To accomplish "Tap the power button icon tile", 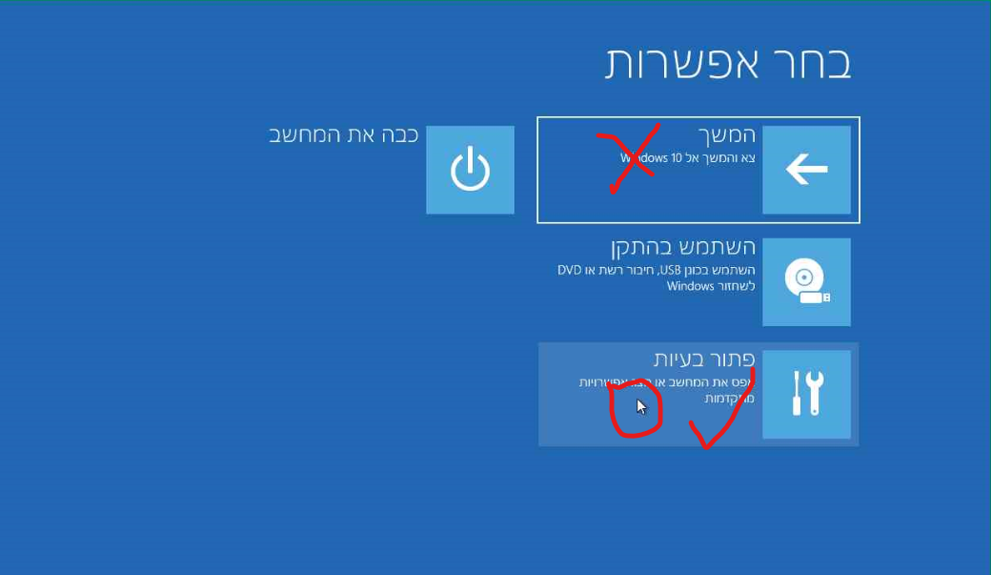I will (470, 170).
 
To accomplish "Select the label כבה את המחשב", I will (345, 134).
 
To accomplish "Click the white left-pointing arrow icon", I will (806, 170).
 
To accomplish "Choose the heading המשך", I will (727, 136).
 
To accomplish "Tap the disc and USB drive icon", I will (806, 282).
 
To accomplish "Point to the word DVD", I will (569, 270).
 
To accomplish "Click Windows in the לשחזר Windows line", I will (690, 286).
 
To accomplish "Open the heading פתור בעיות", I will (704, 359).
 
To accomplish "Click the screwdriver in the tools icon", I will (795, 393).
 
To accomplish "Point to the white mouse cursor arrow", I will (641, 407).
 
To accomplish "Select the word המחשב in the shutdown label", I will (303, 134).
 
